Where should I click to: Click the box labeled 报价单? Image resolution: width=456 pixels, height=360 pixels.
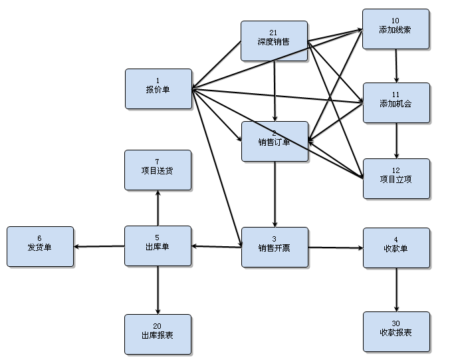point(158,89)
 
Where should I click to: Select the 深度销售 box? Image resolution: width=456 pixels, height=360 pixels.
point(274,41)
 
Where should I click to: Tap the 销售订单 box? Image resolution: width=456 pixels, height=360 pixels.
point(274,141)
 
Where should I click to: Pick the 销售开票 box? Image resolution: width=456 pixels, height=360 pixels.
point(274,247)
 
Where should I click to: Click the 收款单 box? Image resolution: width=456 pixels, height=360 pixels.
point(396,248)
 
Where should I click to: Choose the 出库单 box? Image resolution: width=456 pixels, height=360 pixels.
point(158,246)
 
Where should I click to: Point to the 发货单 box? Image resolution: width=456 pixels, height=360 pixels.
point(40,246)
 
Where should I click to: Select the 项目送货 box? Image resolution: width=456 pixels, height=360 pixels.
point(158,170)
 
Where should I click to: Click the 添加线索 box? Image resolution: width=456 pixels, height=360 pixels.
point(396,29)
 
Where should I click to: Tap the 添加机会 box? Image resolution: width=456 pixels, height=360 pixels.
point(396,102)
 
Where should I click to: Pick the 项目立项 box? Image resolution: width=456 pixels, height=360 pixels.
point(396,178)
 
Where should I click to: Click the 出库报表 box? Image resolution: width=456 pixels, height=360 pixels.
point(158,334)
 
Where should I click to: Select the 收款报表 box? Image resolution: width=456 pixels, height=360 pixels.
point(396,331)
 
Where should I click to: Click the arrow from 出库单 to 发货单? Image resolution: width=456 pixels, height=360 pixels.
point(100,246)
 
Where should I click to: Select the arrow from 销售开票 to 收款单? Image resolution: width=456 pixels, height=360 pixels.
point(336,248)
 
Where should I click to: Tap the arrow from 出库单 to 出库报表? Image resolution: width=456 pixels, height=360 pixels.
point(158,290)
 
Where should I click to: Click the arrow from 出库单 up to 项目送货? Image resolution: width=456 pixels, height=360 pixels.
point(158,208)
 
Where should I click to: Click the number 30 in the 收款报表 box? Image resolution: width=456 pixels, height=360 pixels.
point(396,323)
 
